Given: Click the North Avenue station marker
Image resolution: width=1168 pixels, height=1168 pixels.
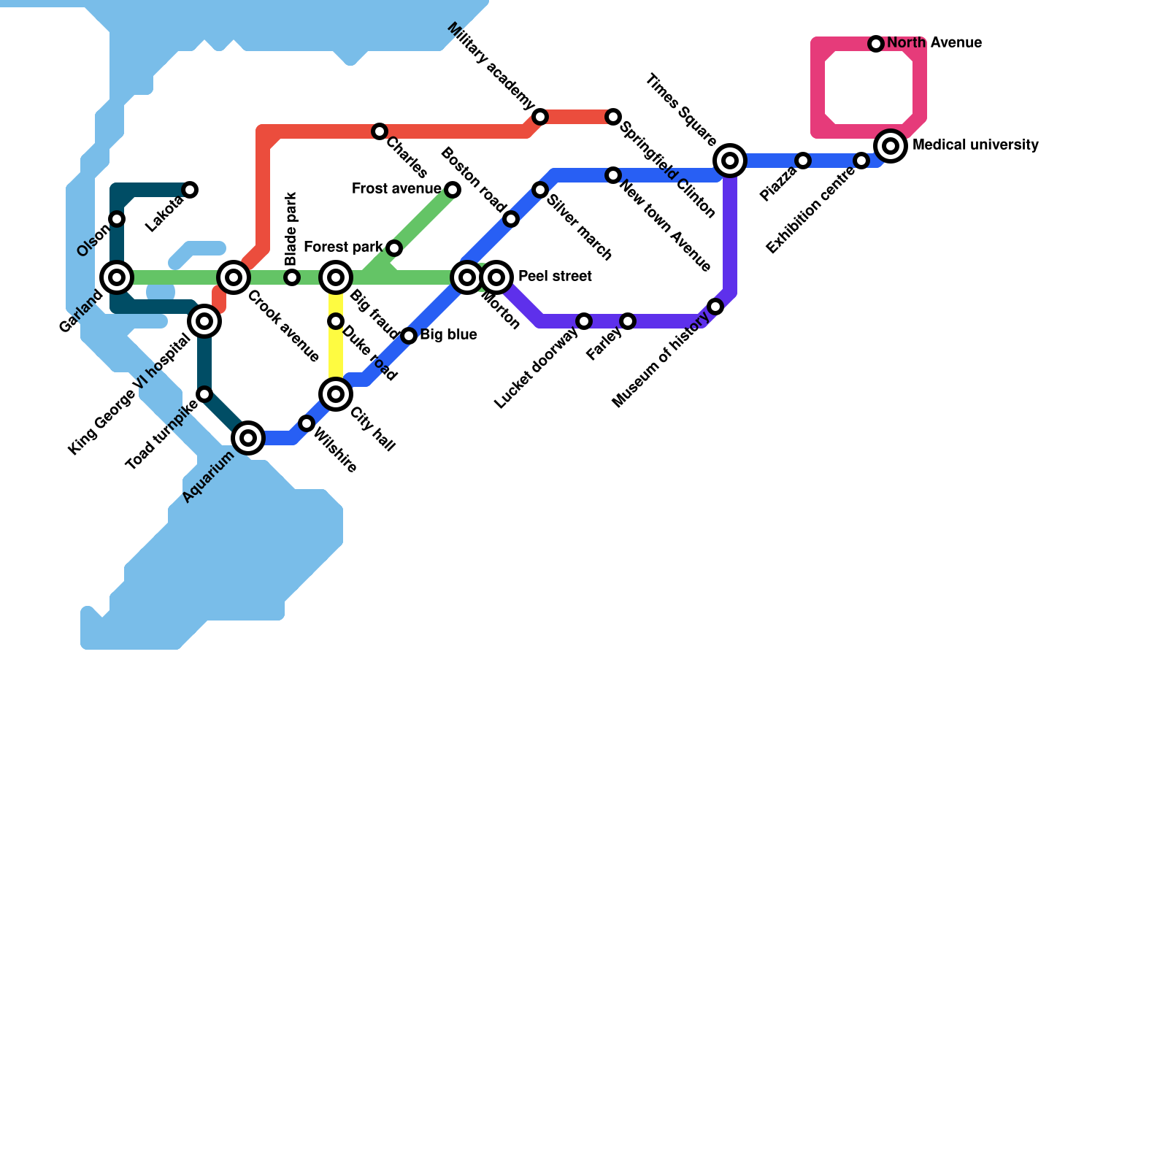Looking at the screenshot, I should [876, 44].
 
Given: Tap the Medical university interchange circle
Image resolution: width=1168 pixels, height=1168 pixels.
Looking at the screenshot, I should [891, 146].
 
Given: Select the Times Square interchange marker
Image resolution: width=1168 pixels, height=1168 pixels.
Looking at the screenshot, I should [730, 161].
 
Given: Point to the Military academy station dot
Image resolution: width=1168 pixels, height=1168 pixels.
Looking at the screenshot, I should [540, 117].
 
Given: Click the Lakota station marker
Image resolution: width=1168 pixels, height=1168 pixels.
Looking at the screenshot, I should [190, 190].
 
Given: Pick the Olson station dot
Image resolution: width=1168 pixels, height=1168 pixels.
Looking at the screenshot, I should [117, 219].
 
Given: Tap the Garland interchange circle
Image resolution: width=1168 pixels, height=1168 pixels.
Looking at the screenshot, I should [117, 277].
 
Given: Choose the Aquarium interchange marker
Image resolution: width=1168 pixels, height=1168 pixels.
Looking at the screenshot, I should [248, 438].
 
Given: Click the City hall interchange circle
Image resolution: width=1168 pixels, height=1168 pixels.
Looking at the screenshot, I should [336, 394].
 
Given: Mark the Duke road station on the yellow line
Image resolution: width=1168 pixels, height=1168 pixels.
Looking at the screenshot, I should [336, 321].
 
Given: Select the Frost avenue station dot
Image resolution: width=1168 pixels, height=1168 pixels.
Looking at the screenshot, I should [453, 190].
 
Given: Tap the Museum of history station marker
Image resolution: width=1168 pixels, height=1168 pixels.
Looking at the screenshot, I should [715, 307].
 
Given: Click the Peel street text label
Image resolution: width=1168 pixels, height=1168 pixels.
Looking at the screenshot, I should [555, 277].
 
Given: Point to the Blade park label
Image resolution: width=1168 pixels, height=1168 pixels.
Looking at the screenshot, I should [291, 228].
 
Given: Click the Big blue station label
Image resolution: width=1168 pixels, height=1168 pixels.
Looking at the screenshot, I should [448, 335].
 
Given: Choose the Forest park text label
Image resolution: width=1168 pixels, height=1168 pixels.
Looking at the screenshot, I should [343, 247].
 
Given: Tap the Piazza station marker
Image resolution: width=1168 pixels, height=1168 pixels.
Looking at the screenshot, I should [803, 161].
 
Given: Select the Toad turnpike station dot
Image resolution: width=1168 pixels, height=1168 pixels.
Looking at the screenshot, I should [204, 394].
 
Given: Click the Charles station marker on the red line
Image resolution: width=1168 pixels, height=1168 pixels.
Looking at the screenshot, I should [380, 131].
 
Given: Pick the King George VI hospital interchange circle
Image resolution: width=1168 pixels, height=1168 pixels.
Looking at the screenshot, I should [204, 321].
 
